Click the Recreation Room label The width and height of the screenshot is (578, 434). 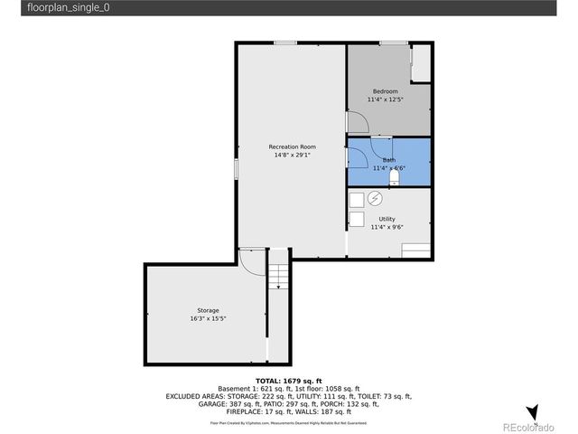(x=291, y=146)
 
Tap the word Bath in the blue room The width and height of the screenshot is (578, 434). (x=388, y=159)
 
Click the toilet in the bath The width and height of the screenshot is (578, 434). (x=393, y=178)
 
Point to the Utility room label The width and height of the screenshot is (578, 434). (x=387, y=219)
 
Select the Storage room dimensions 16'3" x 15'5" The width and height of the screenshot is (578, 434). (x=207, y=318)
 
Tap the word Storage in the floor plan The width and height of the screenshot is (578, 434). (x=208, y=310)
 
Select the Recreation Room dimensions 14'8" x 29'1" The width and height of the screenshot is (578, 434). (x=291, y=155)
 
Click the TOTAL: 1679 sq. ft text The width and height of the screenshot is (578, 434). (x=289, y=381)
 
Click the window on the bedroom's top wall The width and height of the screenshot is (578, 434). (x=392, y=42)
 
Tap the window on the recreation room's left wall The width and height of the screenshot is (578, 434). (x=237, y=169)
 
